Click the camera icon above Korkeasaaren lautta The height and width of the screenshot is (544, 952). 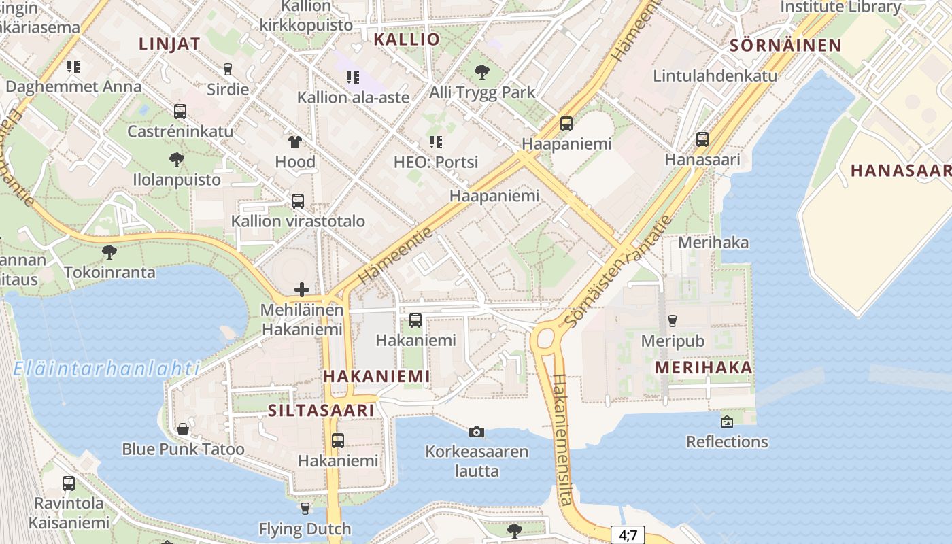[477, 432]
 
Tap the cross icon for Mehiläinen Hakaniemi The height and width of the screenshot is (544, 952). [302, 290]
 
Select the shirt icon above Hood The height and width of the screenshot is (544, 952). [295, 142]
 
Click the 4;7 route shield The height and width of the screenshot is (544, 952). [628, 535]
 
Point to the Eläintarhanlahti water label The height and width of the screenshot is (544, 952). [106, 369]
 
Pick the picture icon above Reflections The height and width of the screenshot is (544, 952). [726, 422]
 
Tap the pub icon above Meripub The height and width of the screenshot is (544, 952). [673, 321]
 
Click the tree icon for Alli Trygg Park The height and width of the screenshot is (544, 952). [482, 71]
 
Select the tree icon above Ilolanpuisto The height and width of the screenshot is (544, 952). [177, 160]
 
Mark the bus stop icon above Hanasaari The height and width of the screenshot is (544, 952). [702, 139]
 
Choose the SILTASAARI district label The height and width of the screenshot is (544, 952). [321, 411]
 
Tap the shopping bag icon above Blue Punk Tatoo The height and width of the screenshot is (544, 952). [182, 429]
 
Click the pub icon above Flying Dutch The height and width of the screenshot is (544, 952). [305, 509]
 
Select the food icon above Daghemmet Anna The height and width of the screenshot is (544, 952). [73, 67]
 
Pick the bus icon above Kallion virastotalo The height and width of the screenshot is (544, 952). [298, 201]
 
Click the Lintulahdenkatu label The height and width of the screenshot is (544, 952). [715, 75]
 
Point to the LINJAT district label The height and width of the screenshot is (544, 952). [169, 44]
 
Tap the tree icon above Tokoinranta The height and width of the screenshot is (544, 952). [109, 253]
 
